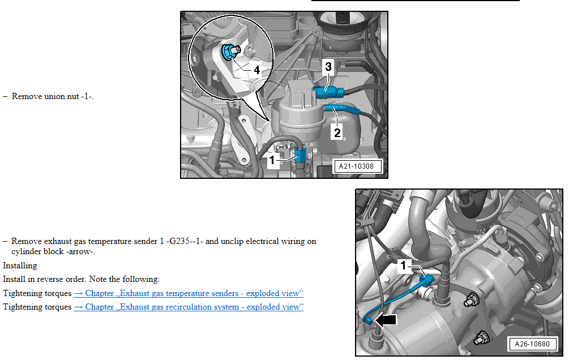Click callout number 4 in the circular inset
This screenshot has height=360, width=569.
(x=256, y=70)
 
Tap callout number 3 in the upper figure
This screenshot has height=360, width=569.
(x=328, y=67)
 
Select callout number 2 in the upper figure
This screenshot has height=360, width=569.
(x=337, y=132)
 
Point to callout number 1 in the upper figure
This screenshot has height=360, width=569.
(x=272, y=160)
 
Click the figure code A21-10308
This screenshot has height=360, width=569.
(x=356, y=166)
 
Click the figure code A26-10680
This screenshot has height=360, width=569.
(x=532, y=344)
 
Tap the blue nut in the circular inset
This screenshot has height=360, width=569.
(x=229, y=52)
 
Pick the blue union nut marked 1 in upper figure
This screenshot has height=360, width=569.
(x=301, y=155)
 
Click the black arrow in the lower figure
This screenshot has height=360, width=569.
(x=386, y=320)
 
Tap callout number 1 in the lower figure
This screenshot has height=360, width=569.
(x=403, y=265)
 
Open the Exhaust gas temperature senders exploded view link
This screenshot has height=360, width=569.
(x=189, y=293)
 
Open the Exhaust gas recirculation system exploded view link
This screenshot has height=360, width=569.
(x=189, y=307)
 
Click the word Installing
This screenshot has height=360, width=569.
(x=20, y=265)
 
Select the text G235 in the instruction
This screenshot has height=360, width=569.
(x=179, y=241)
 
